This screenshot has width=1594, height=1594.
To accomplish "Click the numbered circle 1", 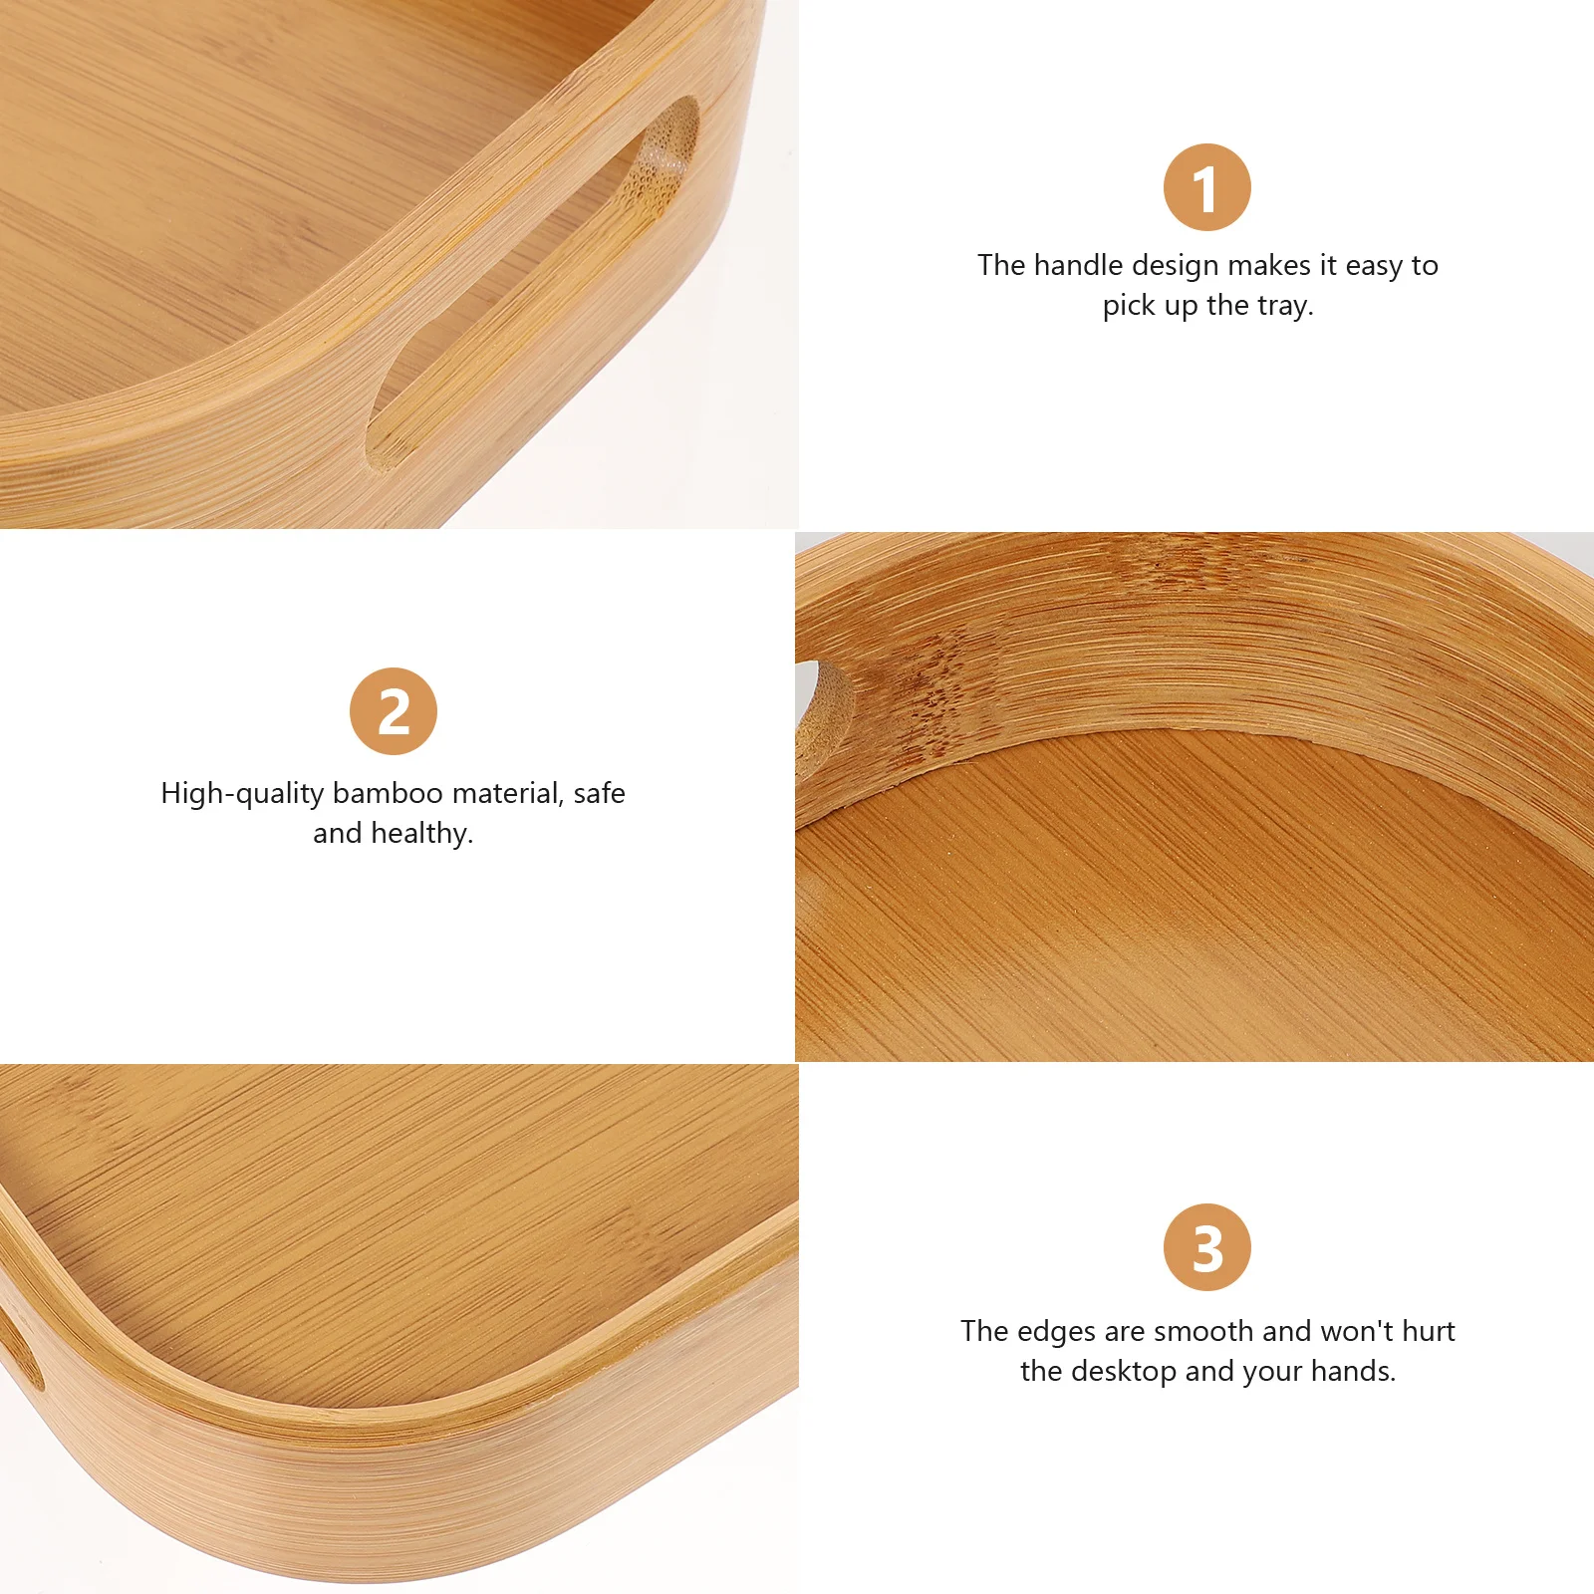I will tap(1206, 187).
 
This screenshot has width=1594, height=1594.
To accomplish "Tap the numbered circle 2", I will tap(394, 711).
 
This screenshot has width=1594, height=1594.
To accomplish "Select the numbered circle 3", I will tap(1206, 1247).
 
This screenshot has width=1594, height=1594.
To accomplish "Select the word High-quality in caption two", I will tap(242, 794).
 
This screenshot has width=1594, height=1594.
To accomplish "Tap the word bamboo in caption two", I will tap(388, 793).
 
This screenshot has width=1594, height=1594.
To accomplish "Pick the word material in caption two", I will tap(508, 793).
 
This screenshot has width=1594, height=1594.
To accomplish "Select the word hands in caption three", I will tap(1352, 1371).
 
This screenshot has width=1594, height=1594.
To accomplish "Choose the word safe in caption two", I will tap(599, 793).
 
